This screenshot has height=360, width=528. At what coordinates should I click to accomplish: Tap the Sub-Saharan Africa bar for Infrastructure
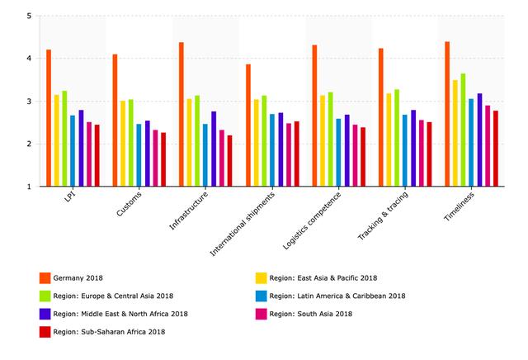click(x=230, y=161)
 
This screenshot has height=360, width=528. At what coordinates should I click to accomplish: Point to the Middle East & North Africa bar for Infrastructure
click(x=214, y=149)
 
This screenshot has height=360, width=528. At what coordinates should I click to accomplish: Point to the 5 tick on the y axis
click(x=29, y=16)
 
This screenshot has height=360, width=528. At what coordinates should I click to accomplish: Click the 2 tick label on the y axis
click(x=29, y=144)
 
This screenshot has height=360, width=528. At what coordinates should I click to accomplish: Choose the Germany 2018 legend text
click(x=82, y=277)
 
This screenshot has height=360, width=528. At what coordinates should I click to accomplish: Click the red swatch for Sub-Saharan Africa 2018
click(x=45, y=332)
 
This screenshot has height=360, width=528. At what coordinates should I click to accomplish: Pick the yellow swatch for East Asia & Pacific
click(x=261, y=277)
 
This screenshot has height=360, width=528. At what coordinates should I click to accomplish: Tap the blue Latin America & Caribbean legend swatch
click(x=261, y=296)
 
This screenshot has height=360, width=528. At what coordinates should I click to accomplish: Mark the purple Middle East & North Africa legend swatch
click(x=45, y=314)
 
